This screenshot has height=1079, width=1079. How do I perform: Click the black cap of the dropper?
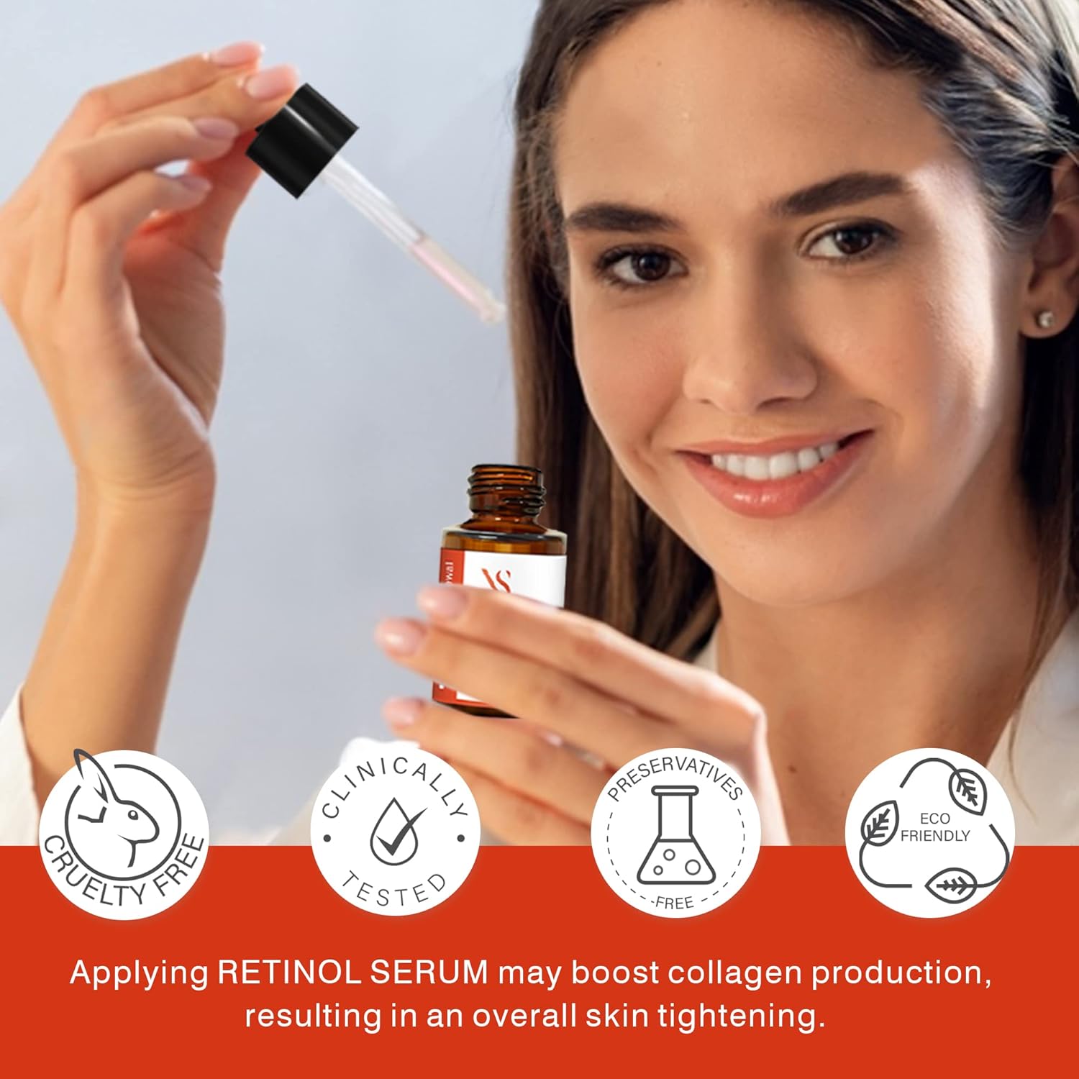click(x=302, y=140)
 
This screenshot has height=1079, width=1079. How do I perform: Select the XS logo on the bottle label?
click(x=498, y=581)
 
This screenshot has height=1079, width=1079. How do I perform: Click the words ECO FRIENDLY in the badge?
click(x=934, y=827)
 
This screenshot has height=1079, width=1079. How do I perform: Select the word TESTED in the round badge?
click(x=394, y=892)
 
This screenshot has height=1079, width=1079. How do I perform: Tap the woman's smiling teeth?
click(x=773, y=463)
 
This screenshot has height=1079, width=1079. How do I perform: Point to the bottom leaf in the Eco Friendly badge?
click(x=951, y=886)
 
